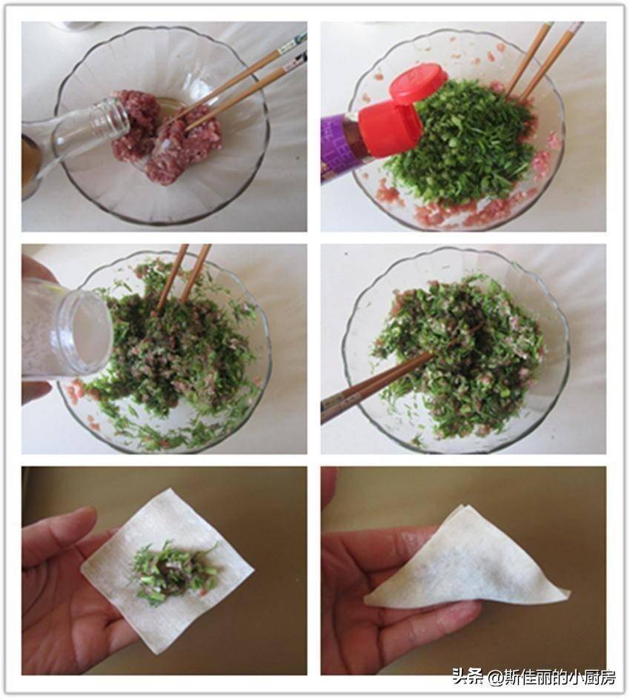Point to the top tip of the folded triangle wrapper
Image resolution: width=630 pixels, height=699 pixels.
tap(462, 506)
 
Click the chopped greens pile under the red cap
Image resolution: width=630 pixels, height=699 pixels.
tap(460, 142)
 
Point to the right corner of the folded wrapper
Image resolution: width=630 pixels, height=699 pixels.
tap(567, 593)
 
